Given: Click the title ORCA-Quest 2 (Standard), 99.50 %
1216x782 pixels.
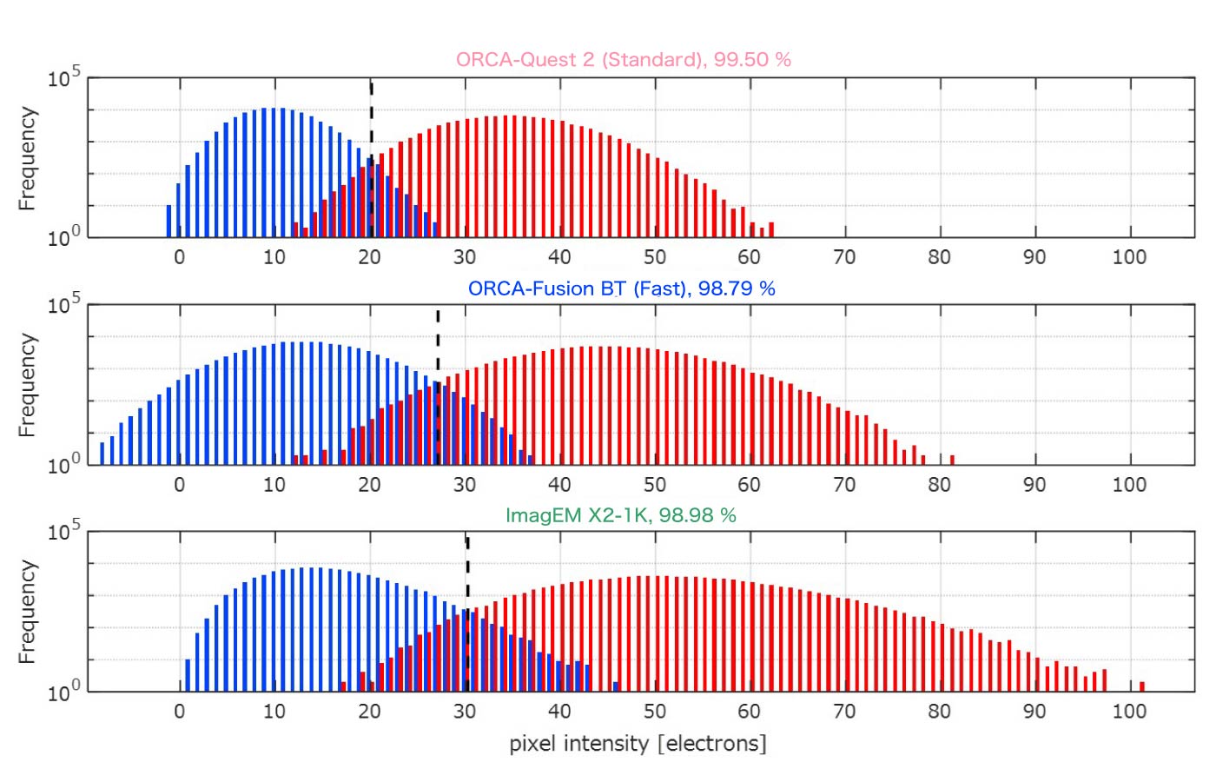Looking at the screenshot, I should [x=623, y=60].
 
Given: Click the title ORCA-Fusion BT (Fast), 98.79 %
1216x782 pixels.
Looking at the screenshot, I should [x=621, y=288].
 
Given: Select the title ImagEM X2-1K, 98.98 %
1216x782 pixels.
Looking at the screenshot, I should [x=620, y=515].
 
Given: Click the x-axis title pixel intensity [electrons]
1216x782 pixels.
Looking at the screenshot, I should [x=638, y=744].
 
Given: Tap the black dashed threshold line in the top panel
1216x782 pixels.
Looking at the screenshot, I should [x=372, y=122].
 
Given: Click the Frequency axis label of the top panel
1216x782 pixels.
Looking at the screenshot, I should [x=28, y=158].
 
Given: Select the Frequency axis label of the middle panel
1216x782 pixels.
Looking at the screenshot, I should [x=28, y=385].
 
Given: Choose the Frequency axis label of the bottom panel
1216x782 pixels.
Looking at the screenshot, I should [x=28, y=612].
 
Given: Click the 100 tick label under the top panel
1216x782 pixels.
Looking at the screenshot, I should [x=1129, y=257].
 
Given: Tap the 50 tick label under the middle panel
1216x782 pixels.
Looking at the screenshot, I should [x=654, y=485].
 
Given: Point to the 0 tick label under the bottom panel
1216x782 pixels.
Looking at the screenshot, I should [x=180, y=712].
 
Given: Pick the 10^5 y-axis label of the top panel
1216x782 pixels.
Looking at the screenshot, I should [x=63, y=78].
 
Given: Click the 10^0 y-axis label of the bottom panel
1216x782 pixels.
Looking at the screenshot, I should [x=63, y=692].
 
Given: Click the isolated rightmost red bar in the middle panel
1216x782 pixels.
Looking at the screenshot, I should [x=952, y=460].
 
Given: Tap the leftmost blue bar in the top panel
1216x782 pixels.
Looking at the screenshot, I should [x=169, y=222].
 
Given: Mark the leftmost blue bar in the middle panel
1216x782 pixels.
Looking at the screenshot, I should [x=102, y=454].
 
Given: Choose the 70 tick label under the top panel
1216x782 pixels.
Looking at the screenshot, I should [x=844, y=257].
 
